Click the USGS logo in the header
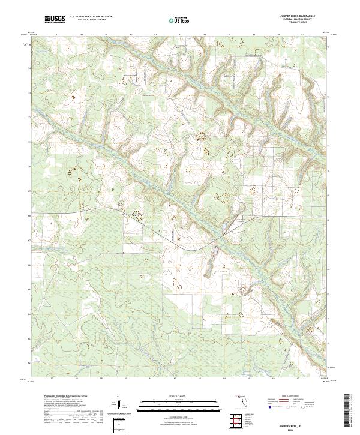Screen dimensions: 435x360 click(55, 19)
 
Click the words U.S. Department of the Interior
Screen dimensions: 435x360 click(91, 16)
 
